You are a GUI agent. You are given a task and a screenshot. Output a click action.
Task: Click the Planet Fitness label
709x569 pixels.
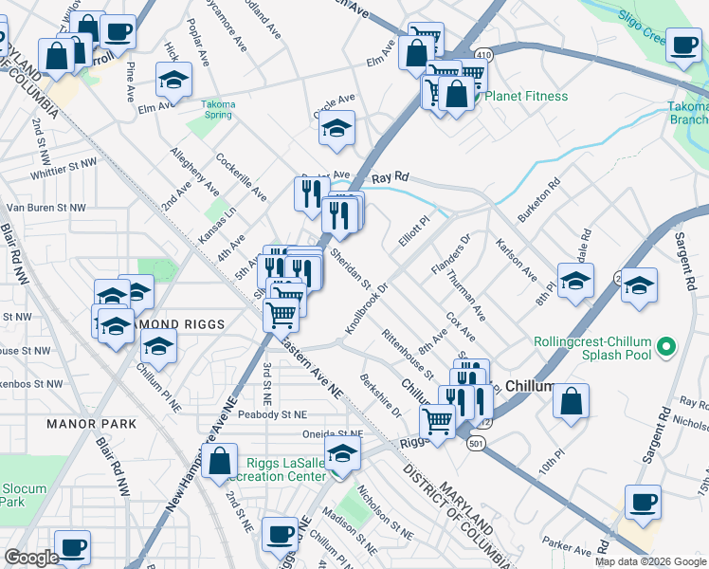click(x=526, y=96)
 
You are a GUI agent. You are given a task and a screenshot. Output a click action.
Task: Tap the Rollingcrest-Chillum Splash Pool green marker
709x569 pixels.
click(x=664, y=344)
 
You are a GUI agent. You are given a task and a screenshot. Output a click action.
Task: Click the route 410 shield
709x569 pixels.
click(x=484, y=56)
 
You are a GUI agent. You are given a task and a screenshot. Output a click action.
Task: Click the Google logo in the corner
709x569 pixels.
click(x=32, y=558)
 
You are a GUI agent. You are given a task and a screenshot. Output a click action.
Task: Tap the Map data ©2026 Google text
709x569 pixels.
click(x=649, y=561)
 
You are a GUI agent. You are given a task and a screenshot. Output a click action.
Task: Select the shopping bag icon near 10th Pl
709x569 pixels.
click(x=572, y=402)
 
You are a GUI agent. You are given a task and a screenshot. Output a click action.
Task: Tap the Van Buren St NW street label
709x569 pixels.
click(x=45, y=206)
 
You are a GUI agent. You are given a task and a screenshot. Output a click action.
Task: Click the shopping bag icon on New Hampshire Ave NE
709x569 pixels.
click(x=220, y=463)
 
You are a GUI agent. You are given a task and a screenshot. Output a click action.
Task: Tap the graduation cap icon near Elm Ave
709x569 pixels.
click(x=173, y=82)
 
